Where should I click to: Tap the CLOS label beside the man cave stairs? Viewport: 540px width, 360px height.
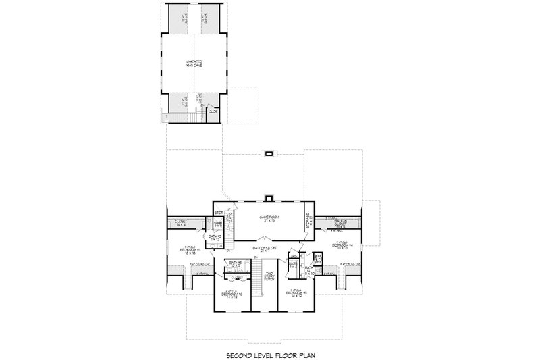coord(212,112)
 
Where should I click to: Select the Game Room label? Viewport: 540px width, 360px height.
coord(270,219)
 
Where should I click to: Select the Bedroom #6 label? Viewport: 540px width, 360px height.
coord(230,294)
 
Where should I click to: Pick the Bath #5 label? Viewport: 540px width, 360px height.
coord(235,263)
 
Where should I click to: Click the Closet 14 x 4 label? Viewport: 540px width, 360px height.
coord(181,222)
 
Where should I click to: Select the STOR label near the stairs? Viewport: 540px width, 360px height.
coord(219,213)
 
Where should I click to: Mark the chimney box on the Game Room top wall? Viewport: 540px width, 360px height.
coord(270,199)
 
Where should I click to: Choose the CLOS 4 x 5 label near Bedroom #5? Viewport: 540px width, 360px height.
coord(294,263)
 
